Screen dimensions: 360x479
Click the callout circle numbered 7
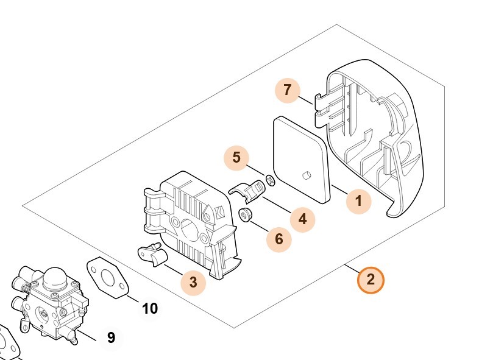click(x=287, y=91)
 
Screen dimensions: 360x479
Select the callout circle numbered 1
click(x=358, y=200)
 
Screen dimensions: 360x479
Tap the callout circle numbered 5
click(x=236, y=158)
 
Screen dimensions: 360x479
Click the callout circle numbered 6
click(x=279, y=239)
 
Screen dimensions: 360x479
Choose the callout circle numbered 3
click(x=193, y=282)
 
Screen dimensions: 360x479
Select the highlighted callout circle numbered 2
click(x=371, y=280)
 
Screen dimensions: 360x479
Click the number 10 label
click(x=150, y=308)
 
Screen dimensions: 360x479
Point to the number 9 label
click(x=111, y=337)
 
